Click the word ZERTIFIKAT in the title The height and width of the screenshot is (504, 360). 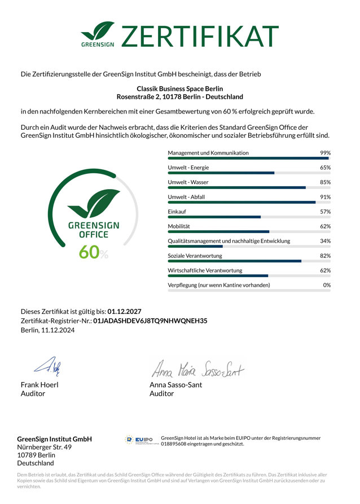[200, 36]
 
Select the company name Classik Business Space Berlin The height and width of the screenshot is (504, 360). [180, 89]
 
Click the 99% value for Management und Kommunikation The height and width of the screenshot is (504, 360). [325, 153]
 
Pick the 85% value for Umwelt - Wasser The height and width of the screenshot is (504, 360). [325, 182]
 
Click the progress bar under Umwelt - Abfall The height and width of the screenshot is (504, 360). [249, 202]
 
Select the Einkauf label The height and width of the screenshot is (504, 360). [177, 212]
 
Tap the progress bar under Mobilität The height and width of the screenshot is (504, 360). [249, 231]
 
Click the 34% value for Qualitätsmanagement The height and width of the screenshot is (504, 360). [325, 241]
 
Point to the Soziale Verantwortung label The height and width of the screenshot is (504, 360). [195, 256]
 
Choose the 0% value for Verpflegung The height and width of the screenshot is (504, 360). [327, 285]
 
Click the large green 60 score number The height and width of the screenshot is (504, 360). [89, 252]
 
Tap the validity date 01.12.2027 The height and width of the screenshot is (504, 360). [124, 311]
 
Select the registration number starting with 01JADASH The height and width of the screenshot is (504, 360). [150, 321]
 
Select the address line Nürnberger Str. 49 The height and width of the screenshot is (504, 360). [45, 447]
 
